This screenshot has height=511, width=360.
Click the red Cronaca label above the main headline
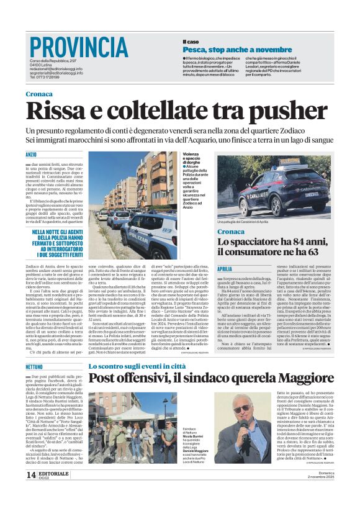40,94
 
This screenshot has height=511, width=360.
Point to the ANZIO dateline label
32,153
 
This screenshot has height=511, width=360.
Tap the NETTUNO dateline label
35,368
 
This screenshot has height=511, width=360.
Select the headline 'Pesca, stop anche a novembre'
228,48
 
